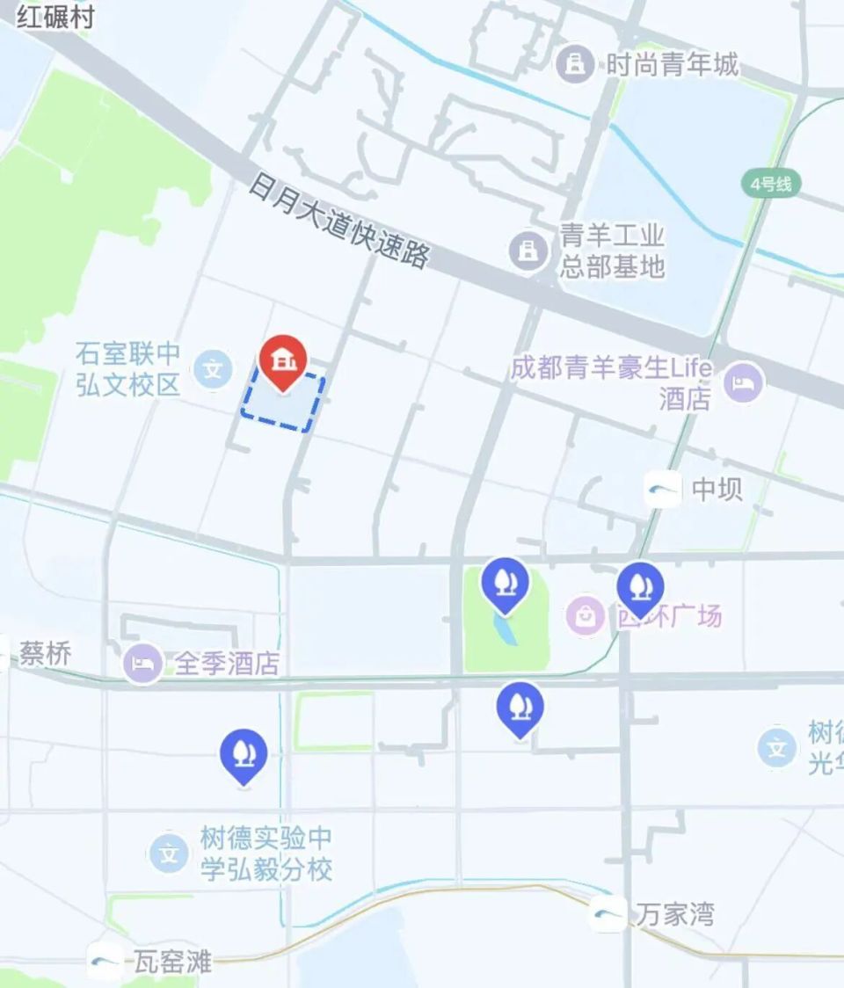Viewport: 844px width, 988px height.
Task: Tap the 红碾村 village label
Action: click(x=55, y=18)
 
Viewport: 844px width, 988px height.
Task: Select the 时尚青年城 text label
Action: click(x=673, y=64)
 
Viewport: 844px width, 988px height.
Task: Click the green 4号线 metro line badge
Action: click(x=771, y=184)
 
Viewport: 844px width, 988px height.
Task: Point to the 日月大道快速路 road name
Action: click(x=338, y=220)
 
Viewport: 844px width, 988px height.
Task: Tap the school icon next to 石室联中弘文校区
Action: click(x=212, y=369)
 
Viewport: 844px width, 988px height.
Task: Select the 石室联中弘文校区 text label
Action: click(x=128, y=369)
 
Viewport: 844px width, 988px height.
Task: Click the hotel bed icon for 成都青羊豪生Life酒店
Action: click(x=745, y=382)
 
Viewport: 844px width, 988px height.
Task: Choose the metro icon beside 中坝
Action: click(x=663, y=489)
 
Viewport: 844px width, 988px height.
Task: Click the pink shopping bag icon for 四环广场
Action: click(x=585, y=615)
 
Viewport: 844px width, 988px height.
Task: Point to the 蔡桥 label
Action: click(x=45, y=654)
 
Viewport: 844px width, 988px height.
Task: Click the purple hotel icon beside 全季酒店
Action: click(x=142, y=663)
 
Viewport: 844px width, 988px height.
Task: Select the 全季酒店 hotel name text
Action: click(x=227, y=664)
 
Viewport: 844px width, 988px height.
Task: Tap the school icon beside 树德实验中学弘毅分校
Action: click(x=168, y=853)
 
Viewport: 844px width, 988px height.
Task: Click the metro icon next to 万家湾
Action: click(x=608, y=915)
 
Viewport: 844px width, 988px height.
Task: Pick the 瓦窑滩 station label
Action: click(x=172, y=962)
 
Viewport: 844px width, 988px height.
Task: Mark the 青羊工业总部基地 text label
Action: click(x=613, y=251)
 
